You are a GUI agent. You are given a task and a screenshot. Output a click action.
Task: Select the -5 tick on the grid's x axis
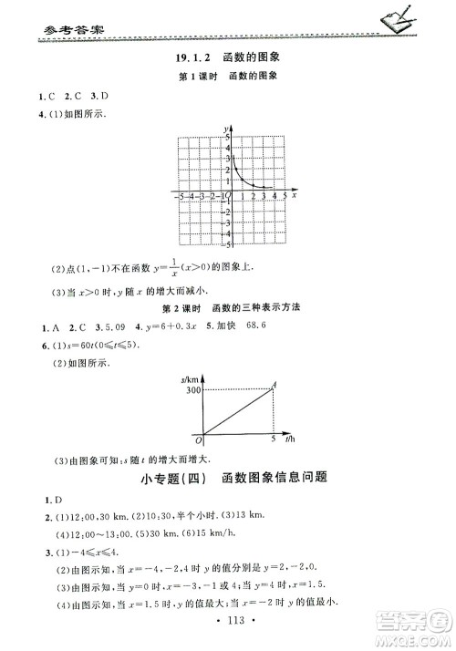coord(181,196)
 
